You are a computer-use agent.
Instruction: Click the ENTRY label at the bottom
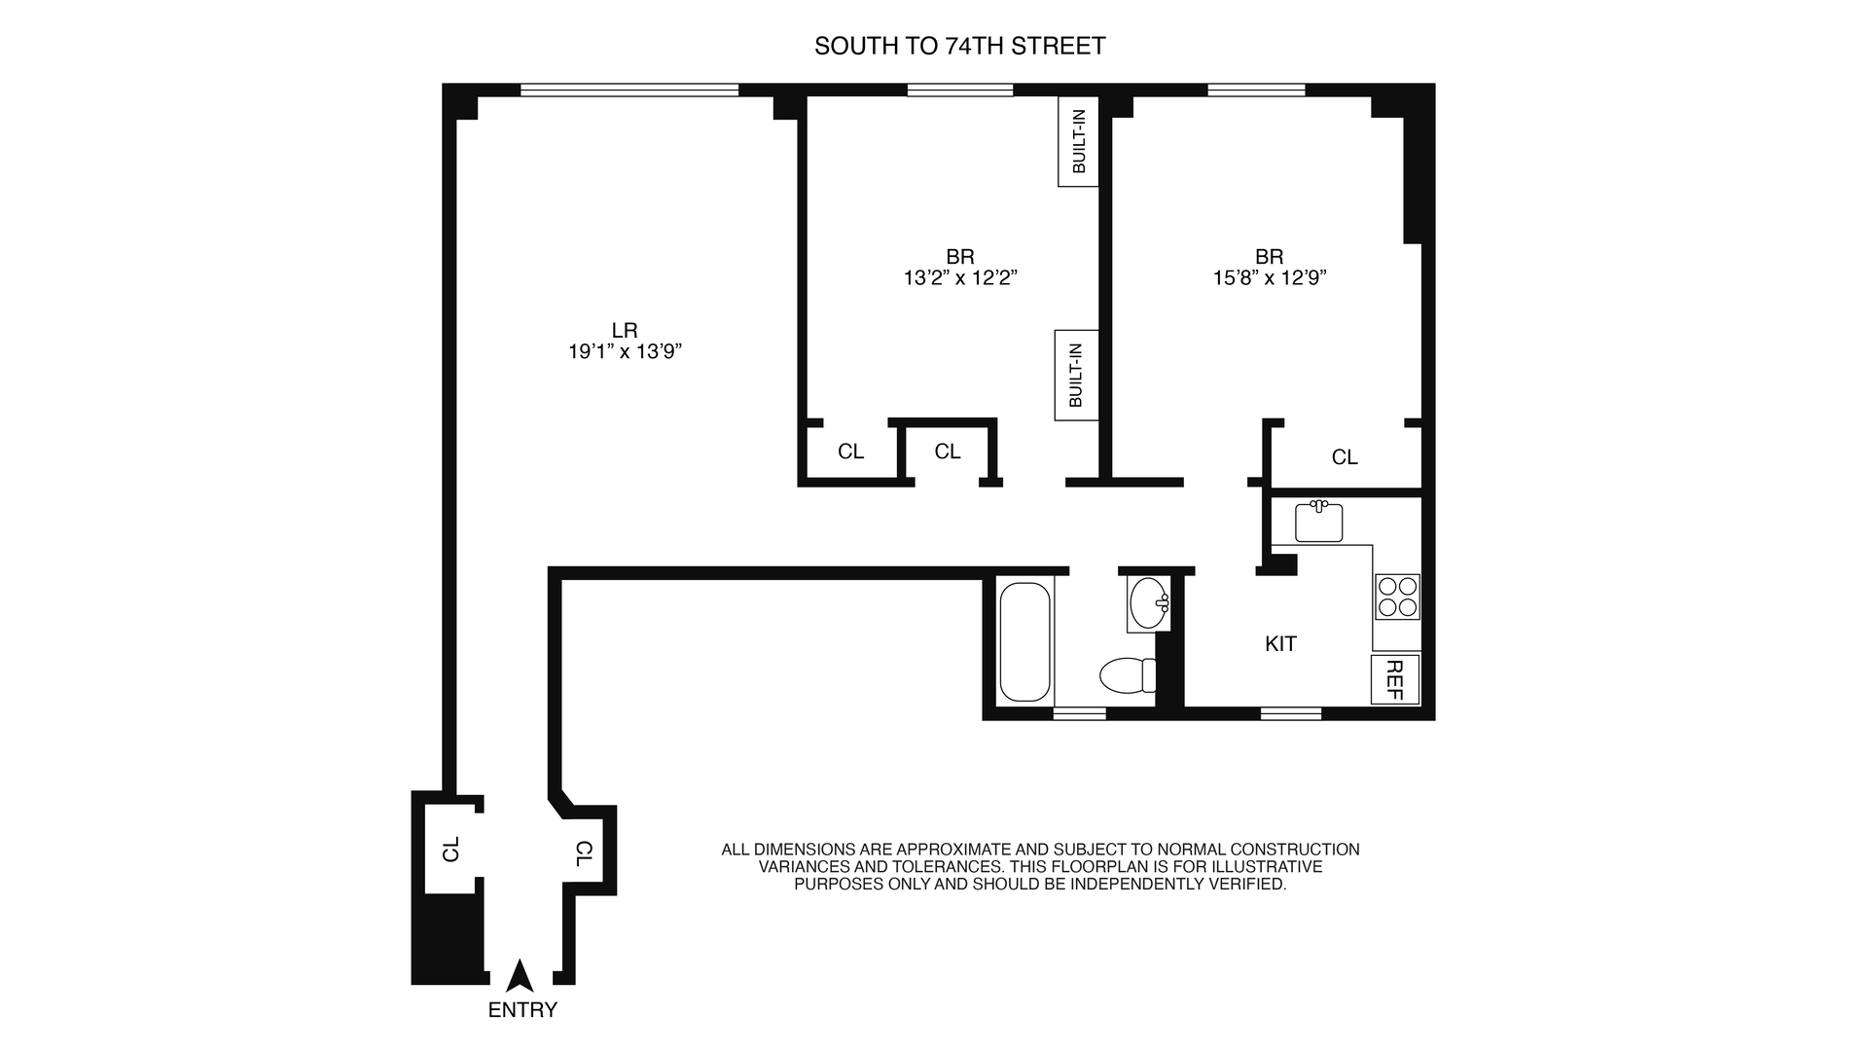tap(522, 1010)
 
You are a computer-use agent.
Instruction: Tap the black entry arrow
tap(521, 977)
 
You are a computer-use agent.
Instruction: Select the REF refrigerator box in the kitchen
tap(1395, 679)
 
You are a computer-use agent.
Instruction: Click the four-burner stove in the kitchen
tap(1397, 597)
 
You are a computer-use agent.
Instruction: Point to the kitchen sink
tap(1319, 522)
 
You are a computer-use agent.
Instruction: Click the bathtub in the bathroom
tap(1025, 642)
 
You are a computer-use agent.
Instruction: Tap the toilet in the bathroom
tap(1129, 674)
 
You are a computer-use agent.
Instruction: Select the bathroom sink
tap(1150, 603)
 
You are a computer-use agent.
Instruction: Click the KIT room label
tap(1280, 644)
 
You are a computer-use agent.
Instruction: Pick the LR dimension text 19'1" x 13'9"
tap(625, 352)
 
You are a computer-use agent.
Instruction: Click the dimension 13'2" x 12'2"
tap(960, 278)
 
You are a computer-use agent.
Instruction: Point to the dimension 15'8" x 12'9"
tap(1270, 278)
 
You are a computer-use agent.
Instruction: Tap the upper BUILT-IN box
tap(1079, 141)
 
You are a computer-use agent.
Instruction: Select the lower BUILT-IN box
tap(1076, 375)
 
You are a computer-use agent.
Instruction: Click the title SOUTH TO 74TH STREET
tap(960, 47)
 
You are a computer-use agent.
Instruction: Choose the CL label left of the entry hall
tap(450, 849)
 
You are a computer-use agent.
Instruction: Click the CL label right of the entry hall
tap(584, 854)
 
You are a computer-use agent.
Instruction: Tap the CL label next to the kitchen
tap(1345, 457)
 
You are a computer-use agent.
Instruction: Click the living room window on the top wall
tap(629, 91)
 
